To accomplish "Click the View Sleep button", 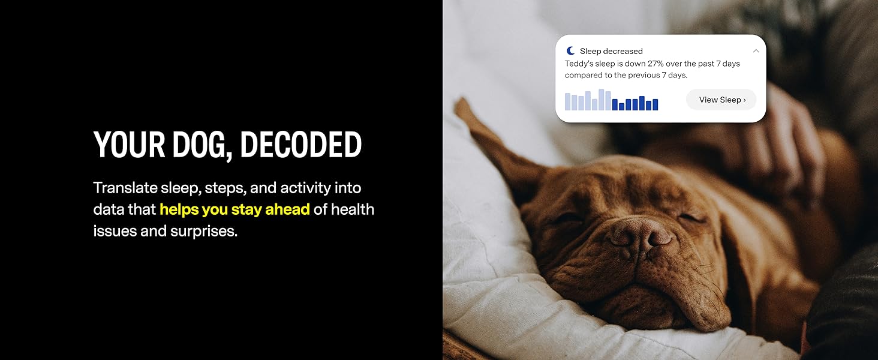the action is pyautogui.click(x=721, y=100).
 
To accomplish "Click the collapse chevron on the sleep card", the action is pyautogui.click(x=756, y=51).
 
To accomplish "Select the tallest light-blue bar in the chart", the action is pyautogui.click(x=602, y=100).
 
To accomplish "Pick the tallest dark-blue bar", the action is pyautogui.click(x=642, y=103).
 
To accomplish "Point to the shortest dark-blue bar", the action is pyautogui.click(x=621, y=107).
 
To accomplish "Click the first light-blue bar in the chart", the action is pyautogui.click(x=567, y=101).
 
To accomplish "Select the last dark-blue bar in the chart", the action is pyautogui.click(x=655, y=105).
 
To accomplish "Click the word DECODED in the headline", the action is pyautogui.click(x=300, y=145).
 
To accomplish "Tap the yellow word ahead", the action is pyautogui.click(x=287, y=209).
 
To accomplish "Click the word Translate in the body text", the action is pyautogui.click(x=125, y=188).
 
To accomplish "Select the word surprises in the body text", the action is pyautogui.click(x=203, y=232).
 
